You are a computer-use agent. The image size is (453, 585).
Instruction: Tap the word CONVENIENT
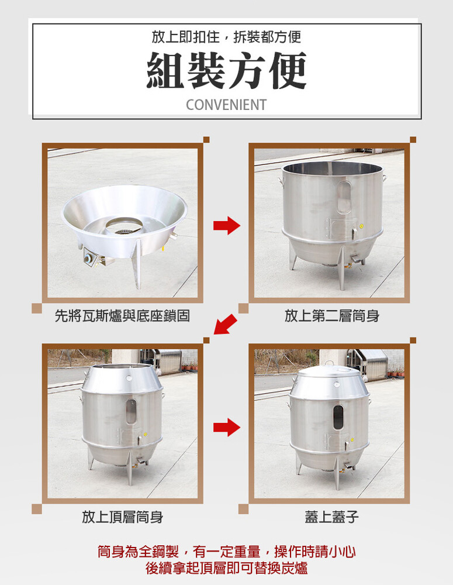tap(226, 105)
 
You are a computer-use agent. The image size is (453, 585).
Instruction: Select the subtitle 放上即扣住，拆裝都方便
tap(226, 37)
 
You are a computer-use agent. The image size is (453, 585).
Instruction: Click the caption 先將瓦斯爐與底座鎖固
tap(122, 316)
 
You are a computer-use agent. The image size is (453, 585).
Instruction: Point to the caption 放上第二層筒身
tap(332, 316)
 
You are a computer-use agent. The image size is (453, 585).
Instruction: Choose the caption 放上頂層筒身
tap(122, 517)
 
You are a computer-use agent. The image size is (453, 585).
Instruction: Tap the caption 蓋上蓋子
tap(332, 517)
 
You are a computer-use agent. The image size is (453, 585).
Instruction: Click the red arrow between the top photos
tap(227, 225)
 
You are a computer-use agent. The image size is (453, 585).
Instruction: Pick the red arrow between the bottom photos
tap(227, 427)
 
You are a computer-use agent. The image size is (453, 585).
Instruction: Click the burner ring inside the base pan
tap(124, 226)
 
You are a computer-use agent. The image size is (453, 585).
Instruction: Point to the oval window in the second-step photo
tap(344, 197)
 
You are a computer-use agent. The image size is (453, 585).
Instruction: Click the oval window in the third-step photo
tap(131, 411)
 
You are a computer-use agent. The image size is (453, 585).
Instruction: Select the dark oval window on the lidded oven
tap(338, 418)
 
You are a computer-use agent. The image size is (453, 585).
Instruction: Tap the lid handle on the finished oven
tap(328, 363)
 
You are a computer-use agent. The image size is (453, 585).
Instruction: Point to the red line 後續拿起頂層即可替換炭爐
tap(226, 568)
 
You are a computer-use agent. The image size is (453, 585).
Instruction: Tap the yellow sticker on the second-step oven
tap(361, 226)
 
